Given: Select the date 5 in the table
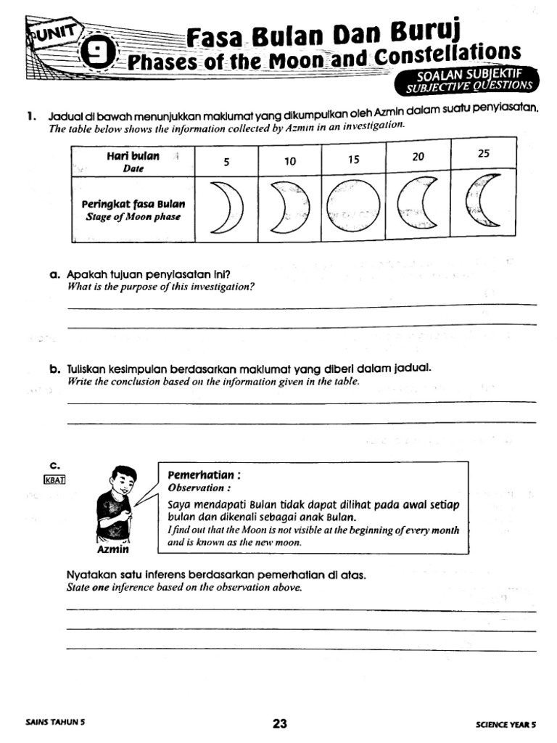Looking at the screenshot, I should [226, 162].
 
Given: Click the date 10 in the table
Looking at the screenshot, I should [290, 162].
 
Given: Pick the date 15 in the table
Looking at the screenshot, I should [353, 160].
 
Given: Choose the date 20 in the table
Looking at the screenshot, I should [418, 157].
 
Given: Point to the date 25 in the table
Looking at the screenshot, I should [484, 154].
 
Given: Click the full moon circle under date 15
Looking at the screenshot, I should [353, 208].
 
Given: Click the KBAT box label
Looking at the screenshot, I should [55, 480].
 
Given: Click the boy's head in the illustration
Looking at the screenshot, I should [123, 480].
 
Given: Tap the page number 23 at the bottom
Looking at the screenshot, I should [280, 723].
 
